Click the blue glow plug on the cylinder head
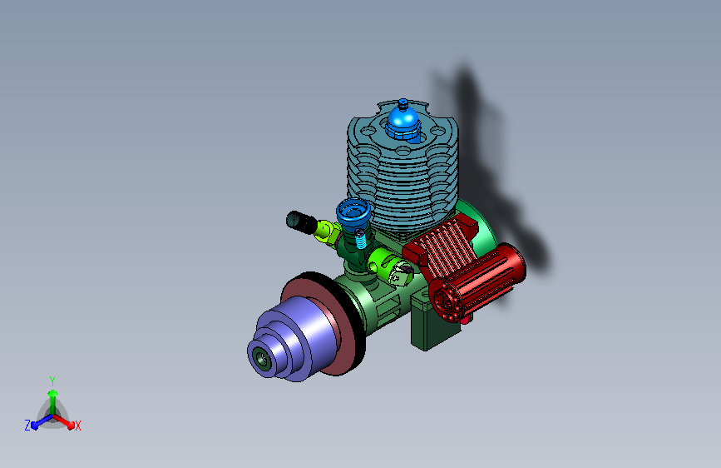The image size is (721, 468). pos(403,121)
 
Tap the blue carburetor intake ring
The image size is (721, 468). pos(353,212)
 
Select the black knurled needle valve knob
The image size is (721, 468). pos(301,222)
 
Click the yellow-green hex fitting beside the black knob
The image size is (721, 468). pos(328,232)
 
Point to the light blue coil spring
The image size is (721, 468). pos(361,240)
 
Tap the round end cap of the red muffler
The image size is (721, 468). pos(445,301)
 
